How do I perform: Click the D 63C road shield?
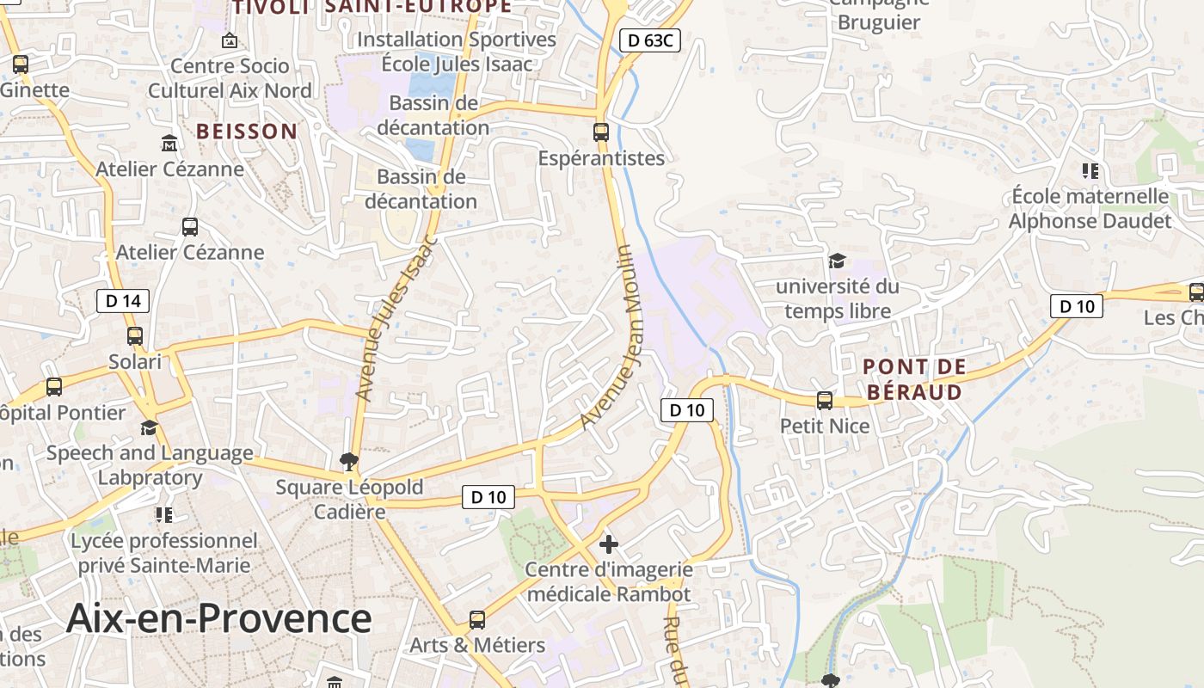point(650,40)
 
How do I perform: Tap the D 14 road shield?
point(122,301)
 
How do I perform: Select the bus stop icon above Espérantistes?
point(601,132)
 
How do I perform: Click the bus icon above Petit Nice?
point(825,400)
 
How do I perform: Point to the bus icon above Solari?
point(135,335)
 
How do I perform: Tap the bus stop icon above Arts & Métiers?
point(476,619)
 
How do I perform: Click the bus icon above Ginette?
point(20,64)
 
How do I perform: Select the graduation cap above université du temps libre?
point(836,261)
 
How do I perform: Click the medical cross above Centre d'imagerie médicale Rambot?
point(609,544)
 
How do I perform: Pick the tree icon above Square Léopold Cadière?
point(349,462)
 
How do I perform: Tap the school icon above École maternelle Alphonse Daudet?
point(1090,170)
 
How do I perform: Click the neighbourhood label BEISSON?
point(247,132)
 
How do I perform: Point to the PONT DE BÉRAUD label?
point(914,379)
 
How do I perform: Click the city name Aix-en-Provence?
point(219,617)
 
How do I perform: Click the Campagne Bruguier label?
point(879,12)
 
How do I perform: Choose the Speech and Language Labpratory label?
point(150,465)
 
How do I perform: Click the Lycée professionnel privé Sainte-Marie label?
point(164,553)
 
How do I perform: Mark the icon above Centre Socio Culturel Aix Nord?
point(230,40)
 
